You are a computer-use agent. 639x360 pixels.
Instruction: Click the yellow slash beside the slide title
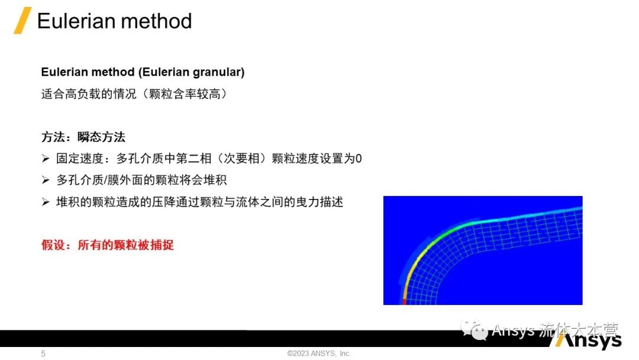[22, 20]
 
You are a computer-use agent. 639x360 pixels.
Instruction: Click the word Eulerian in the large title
[76, 21]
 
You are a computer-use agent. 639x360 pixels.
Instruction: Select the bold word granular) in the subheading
[218, 72]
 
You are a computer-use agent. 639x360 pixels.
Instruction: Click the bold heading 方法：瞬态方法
[83, 137]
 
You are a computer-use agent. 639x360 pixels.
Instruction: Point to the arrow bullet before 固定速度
[45, 158]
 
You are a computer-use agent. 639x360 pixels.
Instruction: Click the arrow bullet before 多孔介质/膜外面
[45, 180]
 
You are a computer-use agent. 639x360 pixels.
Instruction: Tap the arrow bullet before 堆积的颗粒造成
[45, 202]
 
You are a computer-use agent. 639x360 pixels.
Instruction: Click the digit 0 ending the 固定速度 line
[359, 159]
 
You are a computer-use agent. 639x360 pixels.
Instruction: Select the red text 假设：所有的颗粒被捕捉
[108, 245]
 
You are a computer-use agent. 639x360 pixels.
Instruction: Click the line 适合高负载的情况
[134, 94]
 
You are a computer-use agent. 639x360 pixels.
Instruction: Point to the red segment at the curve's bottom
[404, 302]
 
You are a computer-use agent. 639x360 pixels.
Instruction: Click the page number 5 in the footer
[43, 353]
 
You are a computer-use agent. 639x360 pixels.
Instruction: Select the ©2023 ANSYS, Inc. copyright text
[319, 353]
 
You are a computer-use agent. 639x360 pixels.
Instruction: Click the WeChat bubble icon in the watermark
[474, 329]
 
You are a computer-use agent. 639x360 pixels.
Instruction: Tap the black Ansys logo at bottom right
[586, 339]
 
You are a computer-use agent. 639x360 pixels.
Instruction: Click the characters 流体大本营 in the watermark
[579, 330]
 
